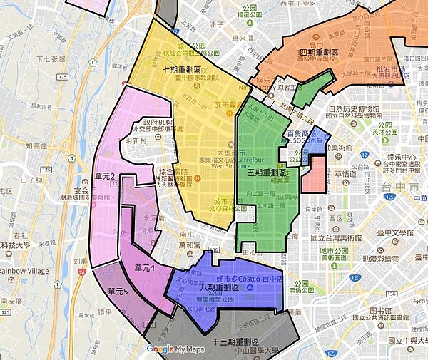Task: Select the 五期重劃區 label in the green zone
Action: point(266,173)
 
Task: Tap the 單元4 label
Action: point(145,269)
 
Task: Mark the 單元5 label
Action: point(118,291)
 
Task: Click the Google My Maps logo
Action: point(175,349)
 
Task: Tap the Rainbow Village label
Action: point(24,270)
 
